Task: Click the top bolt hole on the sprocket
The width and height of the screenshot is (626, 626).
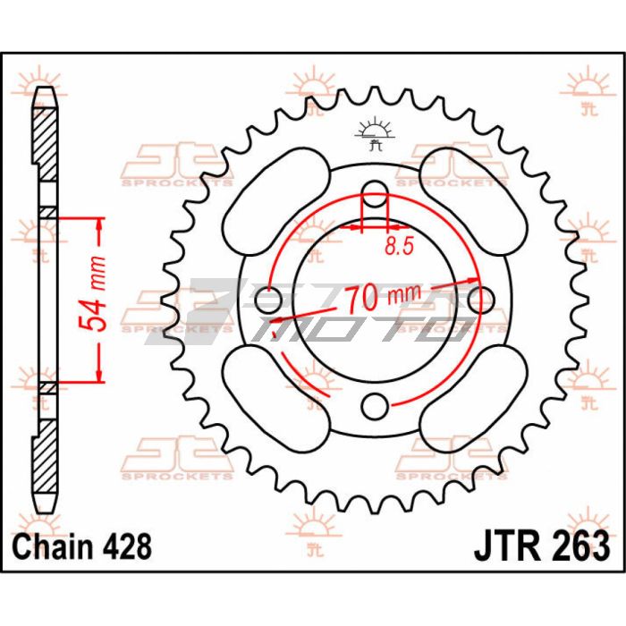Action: [375, 194]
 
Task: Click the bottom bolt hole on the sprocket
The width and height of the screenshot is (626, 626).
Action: [375, 406]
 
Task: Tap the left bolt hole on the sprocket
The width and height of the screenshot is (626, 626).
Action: [268, 300]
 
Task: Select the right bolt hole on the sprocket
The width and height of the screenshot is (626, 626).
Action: [481, 300]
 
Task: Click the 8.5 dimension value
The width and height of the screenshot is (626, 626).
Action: [399, 247]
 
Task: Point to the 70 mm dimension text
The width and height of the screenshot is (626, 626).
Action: [383, 297]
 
